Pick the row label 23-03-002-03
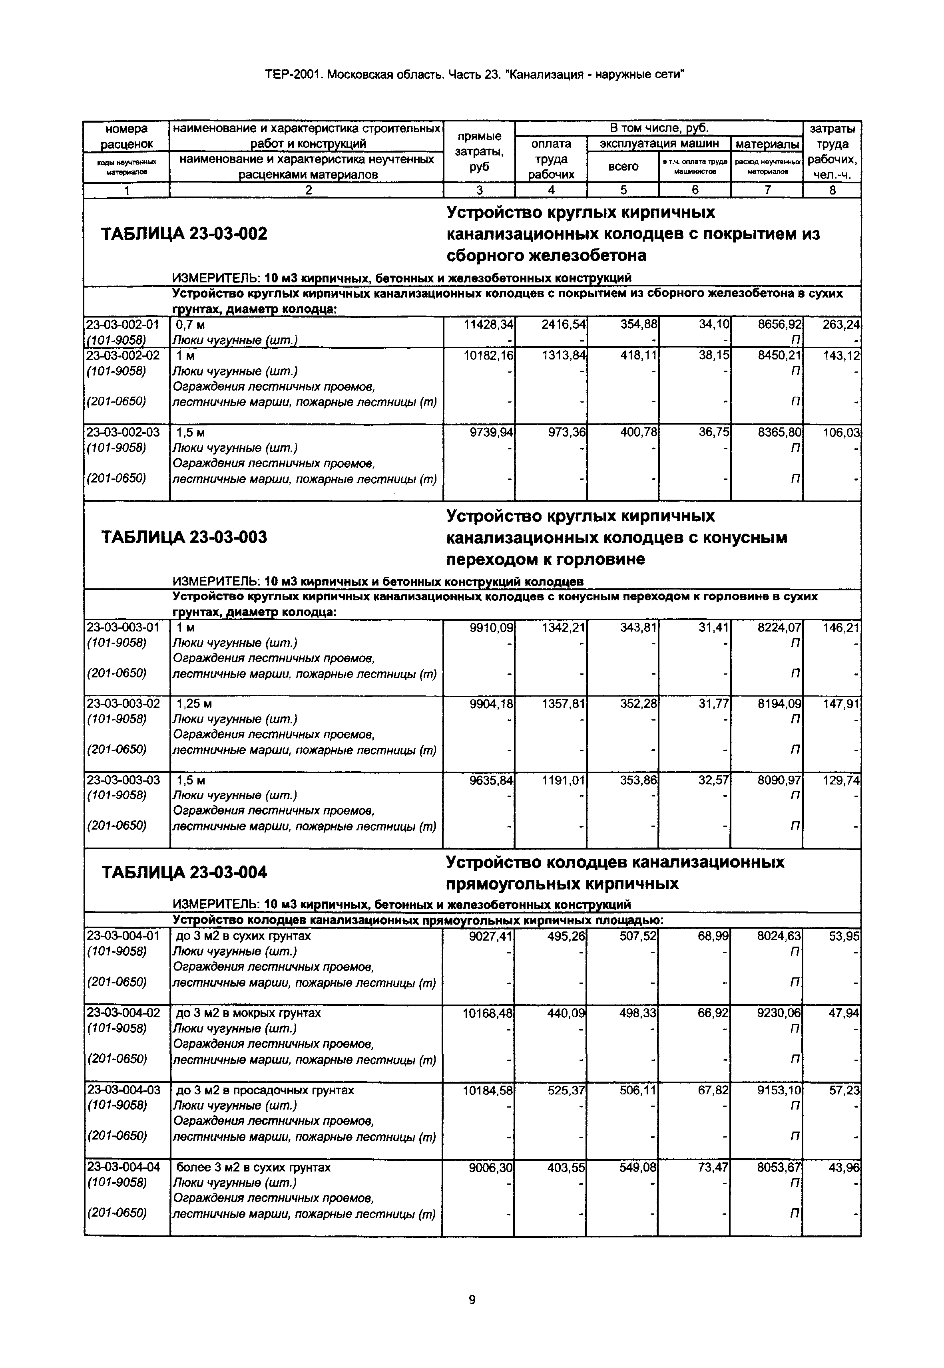[x=123, y=433]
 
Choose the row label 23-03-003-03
[x=123, y=780]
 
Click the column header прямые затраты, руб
[x=479, y=152]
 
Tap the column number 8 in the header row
[x=832, y=191]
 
